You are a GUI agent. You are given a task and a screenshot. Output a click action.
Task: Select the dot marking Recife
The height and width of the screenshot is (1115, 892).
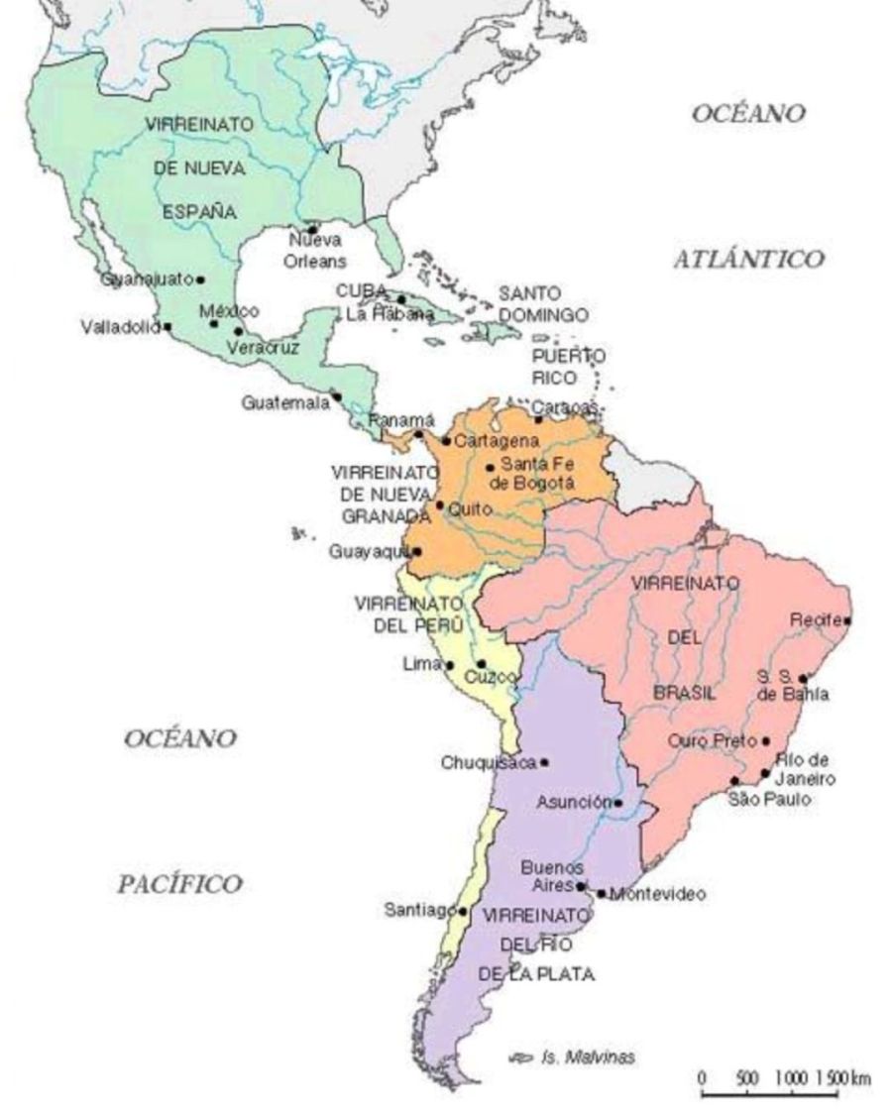pos(846,620)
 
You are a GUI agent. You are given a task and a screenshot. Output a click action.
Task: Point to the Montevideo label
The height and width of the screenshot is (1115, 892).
pos(658,895)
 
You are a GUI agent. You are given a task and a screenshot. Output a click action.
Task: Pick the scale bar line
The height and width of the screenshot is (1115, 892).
pos(770,1094)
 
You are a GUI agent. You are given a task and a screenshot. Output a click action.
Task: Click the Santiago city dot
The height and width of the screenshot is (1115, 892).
pos(463,910)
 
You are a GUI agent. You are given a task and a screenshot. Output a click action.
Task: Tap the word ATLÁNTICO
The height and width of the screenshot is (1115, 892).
pos(748,260)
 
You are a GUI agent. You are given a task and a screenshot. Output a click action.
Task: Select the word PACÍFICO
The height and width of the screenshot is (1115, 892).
pos(179,884)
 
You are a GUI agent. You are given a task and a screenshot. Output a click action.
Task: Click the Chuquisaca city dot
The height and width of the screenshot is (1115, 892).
pos(543,762)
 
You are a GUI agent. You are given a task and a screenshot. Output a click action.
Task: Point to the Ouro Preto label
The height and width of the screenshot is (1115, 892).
pos(712,740)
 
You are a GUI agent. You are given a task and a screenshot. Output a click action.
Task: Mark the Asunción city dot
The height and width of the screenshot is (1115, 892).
pos(618,803)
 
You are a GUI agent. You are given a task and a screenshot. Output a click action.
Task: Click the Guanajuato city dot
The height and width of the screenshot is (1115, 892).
pos(200,279)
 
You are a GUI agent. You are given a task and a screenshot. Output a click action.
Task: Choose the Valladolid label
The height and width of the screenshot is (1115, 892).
pos(120,327)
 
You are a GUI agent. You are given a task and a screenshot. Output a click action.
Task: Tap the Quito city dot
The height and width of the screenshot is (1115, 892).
pos(440,505)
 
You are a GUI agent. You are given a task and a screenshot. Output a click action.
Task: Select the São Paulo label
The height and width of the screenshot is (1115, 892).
pos(769,799)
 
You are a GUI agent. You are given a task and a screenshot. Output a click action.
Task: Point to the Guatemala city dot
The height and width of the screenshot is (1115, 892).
pos(337,396)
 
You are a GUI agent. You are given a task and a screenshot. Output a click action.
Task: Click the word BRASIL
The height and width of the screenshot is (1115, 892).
pos(684,693)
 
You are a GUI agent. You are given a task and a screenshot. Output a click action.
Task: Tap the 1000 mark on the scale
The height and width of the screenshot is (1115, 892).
pos(791,1077)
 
